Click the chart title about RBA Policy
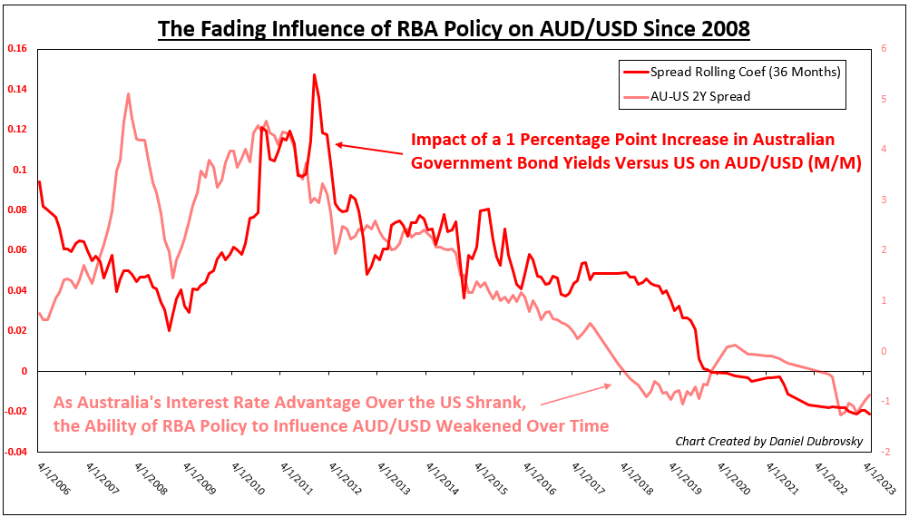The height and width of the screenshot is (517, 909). pos(454,29)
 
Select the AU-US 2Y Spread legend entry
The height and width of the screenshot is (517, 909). pos(699,95)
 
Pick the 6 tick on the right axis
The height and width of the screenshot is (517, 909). pos(884,49)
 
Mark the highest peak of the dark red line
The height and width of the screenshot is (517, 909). pos(314,75)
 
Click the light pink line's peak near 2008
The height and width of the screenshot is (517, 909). pos(128,94)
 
